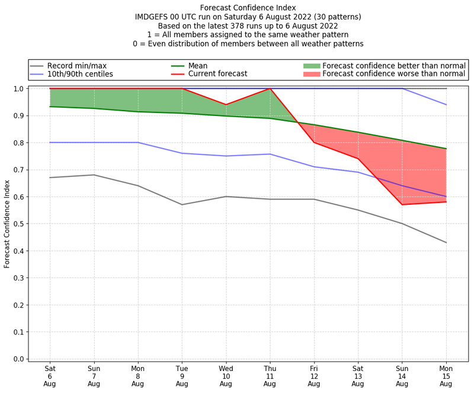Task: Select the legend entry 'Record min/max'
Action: point(76,66)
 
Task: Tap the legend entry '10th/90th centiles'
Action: point(80,74)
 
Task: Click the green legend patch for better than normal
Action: point(311,66)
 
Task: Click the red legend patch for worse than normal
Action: point(311,74)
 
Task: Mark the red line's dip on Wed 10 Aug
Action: point(226,105)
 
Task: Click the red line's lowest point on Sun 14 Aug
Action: point(402,205)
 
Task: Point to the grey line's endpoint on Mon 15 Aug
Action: point(446,243)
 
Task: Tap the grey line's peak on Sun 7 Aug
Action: point(94,175)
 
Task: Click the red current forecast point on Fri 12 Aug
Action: point(314,143)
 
